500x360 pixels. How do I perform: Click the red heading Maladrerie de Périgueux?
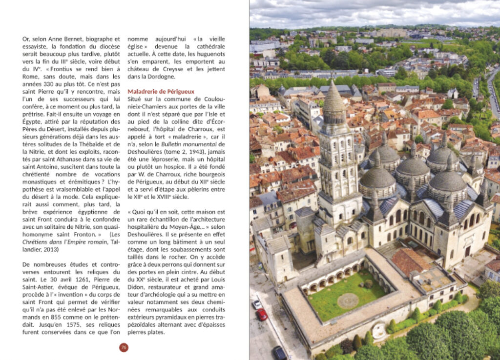click(161, 91)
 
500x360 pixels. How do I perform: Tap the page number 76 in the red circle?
click(124, 347)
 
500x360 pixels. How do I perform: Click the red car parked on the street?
click(262, 315)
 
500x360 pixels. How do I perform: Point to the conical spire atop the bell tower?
click(334, 98)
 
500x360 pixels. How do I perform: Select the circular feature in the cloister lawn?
click(348, 300)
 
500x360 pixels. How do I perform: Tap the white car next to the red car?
click(257, 304)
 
